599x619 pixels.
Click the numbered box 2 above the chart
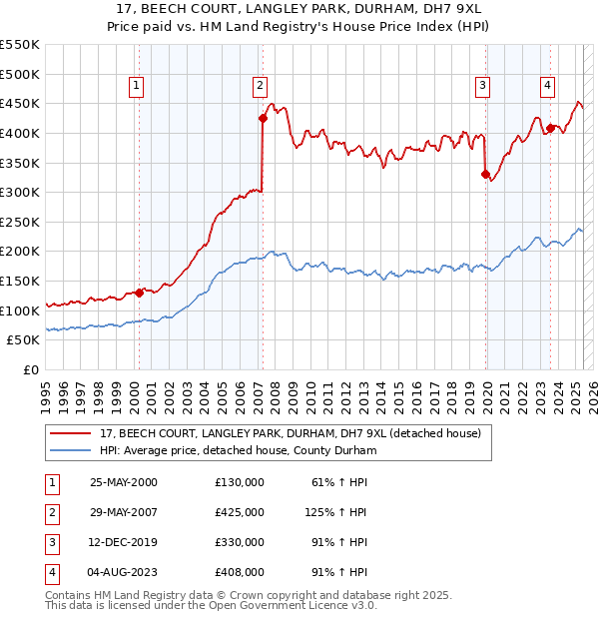tap(260, 87)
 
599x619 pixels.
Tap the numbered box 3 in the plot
tap(482, 87)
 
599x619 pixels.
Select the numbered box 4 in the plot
tap(548, 87)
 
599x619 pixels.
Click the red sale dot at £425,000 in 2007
tap(263, 118)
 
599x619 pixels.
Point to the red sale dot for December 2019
tap(486, 175)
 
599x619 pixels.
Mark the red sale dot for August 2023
tap(551, 128)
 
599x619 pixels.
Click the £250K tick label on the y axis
tap(20, 222)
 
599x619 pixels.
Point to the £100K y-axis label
tap(20, 310)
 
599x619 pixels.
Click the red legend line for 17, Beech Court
tap(70, 433)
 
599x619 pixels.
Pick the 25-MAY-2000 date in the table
tap(124, 482)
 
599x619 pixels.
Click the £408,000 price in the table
tap(240, 572)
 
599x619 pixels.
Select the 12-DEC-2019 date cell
tap(124, 542)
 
